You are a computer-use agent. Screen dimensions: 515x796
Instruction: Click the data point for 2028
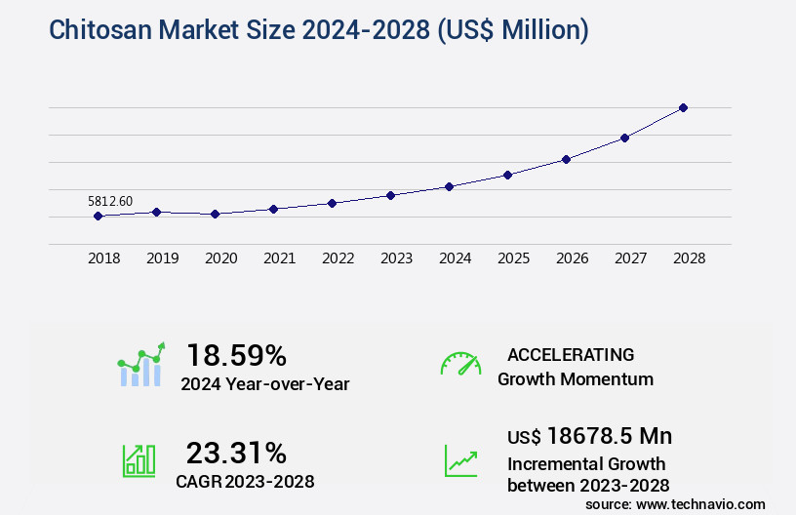coord(683,107)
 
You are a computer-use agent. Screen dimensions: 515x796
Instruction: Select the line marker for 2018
coord(98,216)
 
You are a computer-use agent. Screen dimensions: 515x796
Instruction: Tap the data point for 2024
coord(449,186)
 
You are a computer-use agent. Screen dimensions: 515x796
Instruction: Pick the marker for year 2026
coord(566,159)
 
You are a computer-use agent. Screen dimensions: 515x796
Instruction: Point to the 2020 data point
coord(215,214)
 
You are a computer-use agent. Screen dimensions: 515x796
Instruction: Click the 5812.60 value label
coord(110,201)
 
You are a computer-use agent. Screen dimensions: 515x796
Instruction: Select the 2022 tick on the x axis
coord(338,258)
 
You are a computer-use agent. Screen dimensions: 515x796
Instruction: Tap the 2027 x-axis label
coord(630,258)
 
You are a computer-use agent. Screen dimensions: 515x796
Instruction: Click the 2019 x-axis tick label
coord(162,258)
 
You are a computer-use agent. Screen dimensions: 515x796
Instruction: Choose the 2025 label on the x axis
coord(513,258)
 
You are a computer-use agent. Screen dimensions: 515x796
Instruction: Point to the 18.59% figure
coord(236,354)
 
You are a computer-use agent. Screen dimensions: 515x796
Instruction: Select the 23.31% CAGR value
coord(236,453)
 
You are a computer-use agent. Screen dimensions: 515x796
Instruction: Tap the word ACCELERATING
coord(571,354)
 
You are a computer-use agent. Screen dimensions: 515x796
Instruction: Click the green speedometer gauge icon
coord(460,364)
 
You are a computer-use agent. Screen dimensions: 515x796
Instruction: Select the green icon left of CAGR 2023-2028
coord(139,460)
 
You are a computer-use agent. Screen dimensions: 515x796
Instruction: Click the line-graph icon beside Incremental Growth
coord(460,460)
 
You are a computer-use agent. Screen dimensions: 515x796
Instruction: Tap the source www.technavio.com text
coord(675,503)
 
